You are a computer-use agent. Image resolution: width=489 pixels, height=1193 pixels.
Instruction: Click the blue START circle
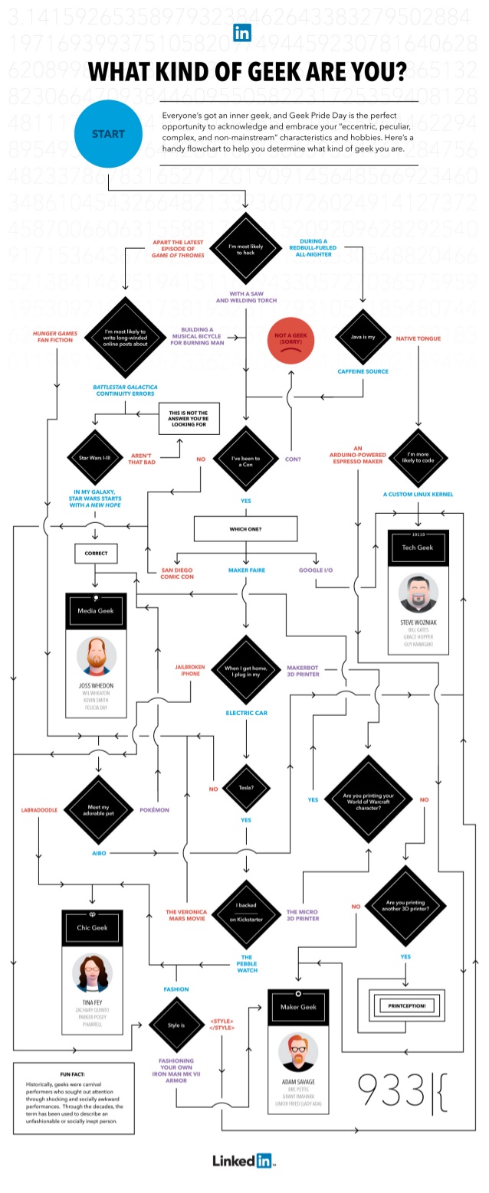point(108,134)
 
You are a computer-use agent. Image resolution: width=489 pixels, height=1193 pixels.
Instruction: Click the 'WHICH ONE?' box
point(245,528)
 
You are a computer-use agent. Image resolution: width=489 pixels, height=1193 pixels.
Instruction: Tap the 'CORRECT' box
point(96,553)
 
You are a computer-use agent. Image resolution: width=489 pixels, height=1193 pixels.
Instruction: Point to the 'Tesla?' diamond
point(246,788)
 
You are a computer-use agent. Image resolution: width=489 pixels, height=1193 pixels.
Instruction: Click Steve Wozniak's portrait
point(418,593)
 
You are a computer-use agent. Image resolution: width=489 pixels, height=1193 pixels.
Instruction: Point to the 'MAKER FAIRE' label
point(246,570)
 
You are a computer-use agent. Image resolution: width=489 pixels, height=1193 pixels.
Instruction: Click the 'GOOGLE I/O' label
point(316,570)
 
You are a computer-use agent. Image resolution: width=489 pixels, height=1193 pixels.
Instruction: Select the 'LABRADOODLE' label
point(39,809)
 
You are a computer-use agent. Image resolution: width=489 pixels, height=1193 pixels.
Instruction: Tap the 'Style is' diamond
point(176,1025)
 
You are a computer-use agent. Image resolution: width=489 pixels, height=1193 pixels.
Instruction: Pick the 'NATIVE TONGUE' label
point(418,338)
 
